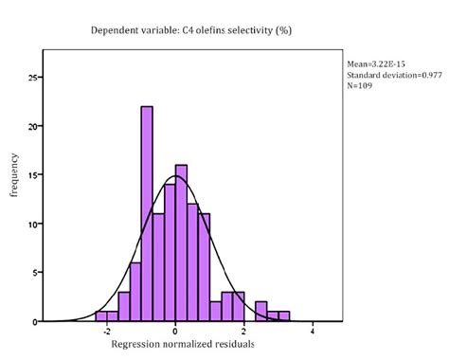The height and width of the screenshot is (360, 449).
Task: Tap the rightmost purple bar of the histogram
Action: pos(284,315)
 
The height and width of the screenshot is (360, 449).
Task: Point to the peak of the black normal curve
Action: pos(176,176)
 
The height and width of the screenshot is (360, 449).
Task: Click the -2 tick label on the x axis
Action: pos(106,333)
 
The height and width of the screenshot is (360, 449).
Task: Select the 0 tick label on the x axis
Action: pos(176,333)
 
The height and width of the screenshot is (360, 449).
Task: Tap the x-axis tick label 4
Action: pos(313,333)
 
